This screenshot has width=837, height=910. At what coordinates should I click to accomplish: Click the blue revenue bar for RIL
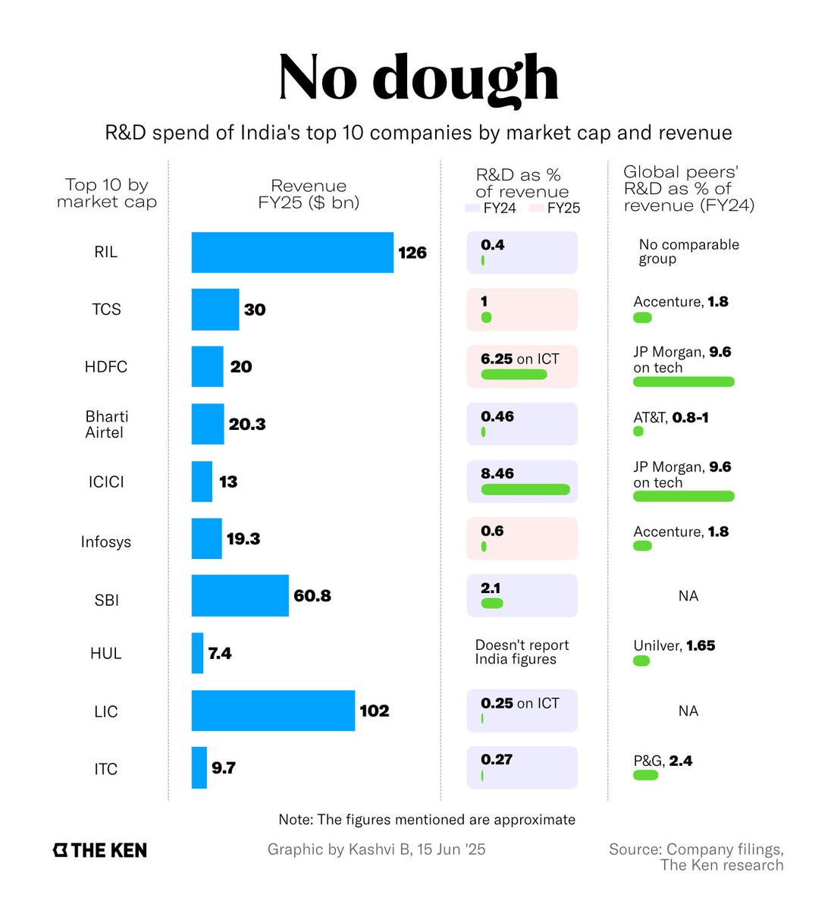click(x=292, y=253)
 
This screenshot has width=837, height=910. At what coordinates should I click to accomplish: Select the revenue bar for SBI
click(x=240, y=595)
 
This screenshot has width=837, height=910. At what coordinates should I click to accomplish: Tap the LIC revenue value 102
click(x=374, y=711)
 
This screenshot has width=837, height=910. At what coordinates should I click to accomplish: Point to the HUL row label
click(x=105, y=653)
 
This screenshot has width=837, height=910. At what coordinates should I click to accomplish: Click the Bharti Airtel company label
click(x=106, y=425)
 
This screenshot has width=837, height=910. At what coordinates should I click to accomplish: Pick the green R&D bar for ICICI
click(x=525, y=489)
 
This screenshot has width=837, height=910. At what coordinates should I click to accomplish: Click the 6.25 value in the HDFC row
click(x=497, y=359)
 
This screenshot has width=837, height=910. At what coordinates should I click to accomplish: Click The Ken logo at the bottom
click(x=100, y=850)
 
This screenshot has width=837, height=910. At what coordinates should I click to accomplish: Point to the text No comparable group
click(x=688, y=252)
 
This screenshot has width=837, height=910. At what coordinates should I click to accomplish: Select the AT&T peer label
click(x=671, y=418)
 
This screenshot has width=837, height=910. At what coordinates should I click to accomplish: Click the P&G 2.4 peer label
click(x=663, y=761)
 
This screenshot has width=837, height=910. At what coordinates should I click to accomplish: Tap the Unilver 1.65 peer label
click(x=674, y=645)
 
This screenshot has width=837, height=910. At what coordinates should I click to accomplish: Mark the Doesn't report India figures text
click(x=522, y=652)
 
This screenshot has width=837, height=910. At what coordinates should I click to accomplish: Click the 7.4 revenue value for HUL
click(x=220, y=653)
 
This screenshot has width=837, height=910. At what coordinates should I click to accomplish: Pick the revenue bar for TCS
click(x=215, y=309)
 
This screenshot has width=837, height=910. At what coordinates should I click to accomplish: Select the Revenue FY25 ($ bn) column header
click(x=309, y=194)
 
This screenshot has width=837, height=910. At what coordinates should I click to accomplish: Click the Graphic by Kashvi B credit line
click(x=376, y=849)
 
